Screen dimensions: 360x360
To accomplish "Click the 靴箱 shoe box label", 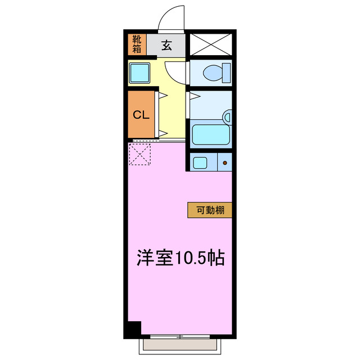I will coord(137,44).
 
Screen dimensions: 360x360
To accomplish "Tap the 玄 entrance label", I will coord(167,46).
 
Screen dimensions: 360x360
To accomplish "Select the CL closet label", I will coord(141,115).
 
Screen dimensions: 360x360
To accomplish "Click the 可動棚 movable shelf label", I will coord(210,210).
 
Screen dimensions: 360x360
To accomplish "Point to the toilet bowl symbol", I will coord(214,73).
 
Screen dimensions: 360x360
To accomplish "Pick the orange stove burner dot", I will coord(225,164).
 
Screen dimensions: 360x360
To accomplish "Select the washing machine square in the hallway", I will coord(139,73).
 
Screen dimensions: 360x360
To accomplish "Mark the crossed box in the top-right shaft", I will coord(210,44).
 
